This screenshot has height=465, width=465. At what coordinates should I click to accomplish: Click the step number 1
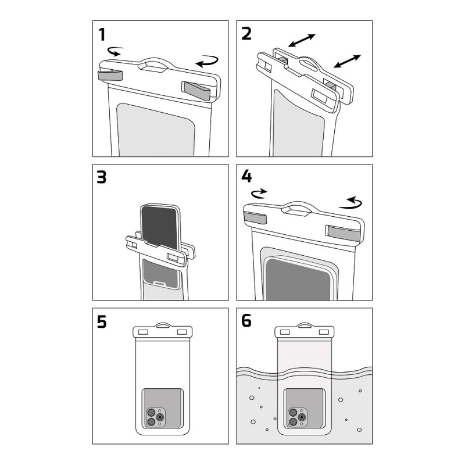[103, 35]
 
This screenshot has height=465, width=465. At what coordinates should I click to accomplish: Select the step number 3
[102, 177]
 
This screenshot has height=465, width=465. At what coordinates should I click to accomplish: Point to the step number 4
[246, 177]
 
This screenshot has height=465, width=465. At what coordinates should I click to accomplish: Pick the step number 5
[102, 321]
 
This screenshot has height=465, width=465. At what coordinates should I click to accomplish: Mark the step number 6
[246, 321]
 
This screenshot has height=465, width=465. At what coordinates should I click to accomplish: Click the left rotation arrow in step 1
[116, 52]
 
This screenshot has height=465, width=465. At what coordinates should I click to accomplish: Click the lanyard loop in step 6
[305, 324]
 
